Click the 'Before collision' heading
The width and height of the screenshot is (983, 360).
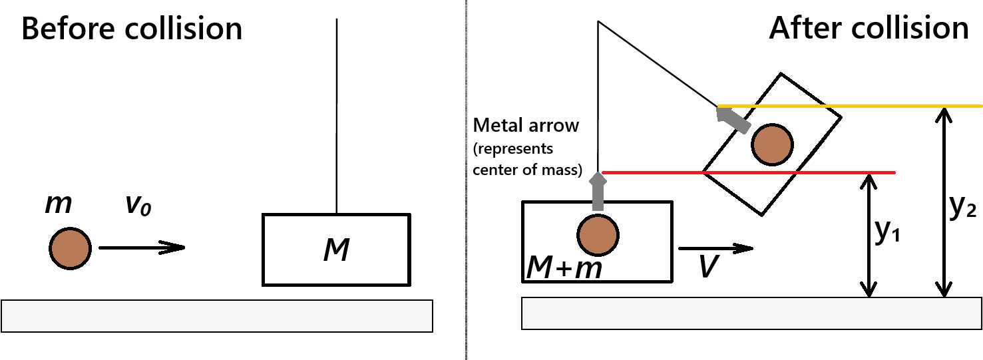click(x=132, y=30)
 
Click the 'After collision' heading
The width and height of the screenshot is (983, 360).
click(x=869, y=29)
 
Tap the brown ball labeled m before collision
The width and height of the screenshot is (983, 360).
click(x=69, y=248)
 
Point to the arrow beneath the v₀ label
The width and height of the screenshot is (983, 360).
click(x=141, y=248)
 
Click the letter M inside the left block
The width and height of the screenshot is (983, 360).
click(x=336, y=251)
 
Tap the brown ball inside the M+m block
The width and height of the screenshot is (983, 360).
click(x=598, y=234)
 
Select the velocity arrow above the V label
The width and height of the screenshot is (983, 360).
click(x=715, y=248)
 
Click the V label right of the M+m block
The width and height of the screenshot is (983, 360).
click(x=707, y=268)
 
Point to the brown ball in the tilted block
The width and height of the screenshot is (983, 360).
click(x=772, y=145)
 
